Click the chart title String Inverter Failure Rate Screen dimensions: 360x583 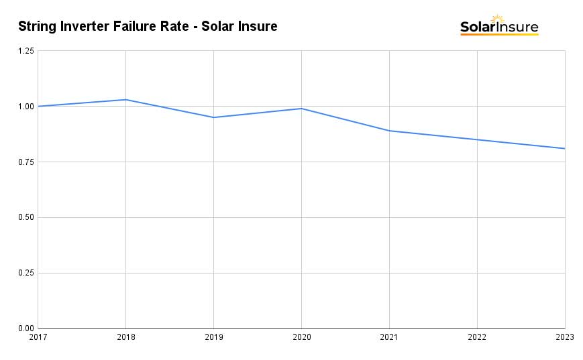[148, 27]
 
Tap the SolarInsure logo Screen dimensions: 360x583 [499, 26]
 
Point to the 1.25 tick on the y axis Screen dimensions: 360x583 [25, 51]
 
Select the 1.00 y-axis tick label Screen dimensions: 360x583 [25, 107]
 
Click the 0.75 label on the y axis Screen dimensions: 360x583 [25, 162]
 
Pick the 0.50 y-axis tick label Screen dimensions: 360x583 [25, 218]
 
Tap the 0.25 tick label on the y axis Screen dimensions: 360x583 [25, 274]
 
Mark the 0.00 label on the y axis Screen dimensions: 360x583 [25, 328]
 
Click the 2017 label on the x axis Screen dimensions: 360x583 [38, 338]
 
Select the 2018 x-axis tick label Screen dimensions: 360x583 [125, 338]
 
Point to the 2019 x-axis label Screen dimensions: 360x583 [213, 338]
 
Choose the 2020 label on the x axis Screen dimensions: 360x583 [301, 338]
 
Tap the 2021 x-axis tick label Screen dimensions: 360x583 [389, 338]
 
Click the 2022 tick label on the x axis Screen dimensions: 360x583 [477, 338]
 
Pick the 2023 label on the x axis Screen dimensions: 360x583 [564, 338]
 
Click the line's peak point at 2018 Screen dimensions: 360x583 [125, 100]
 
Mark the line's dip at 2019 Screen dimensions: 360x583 [213, 117]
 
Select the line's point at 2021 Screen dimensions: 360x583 [389, 131]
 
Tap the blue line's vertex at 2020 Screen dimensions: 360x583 [301, 109]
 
